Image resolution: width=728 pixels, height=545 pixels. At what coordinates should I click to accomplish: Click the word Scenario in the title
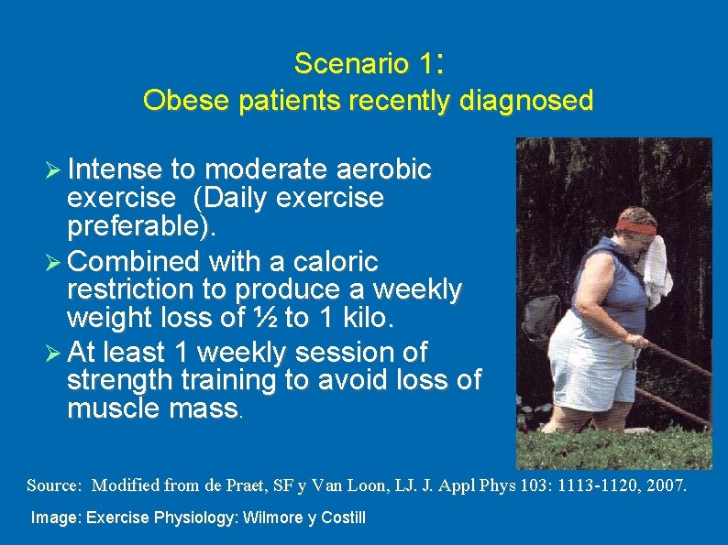(350, 64)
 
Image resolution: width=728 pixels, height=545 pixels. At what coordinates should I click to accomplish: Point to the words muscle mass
(152, 409)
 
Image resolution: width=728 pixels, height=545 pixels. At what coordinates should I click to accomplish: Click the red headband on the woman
(634, 226)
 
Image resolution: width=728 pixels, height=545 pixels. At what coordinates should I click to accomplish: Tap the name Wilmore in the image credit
(271, 518)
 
